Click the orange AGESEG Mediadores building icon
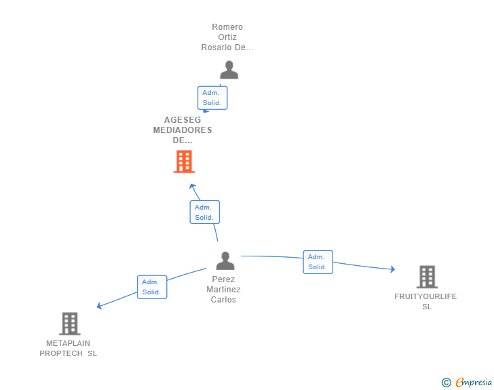point(184,161)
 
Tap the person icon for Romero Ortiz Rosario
point(229,70)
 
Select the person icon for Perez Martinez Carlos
point(225,260)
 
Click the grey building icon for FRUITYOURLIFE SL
point(427,277)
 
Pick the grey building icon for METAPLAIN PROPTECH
point(69,324)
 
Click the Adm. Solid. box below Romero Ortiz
point(212,98)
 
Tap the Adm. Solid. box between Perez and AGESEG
point(204,212)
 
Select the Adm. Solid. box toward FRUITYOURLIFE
point(318,262)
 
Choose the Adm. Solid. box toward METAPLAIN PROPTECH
point(151,287)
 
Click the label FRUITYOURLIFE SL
point(426,301)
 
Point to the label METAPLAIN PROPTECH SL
point(68,348)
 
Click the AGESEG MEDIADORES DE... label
point(183,130)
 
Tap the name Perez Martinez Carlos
point(223,290)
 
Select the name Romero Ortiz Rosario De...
point(227,37)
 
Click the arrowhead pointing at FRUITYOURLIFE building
point(392,269)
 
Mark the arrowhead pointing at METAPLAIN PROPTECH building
point(100,306)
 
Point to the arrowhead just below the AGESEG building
point(193,187)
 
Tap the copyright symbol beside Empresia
point(446,383)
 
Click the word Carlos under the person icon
point(223,300)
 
